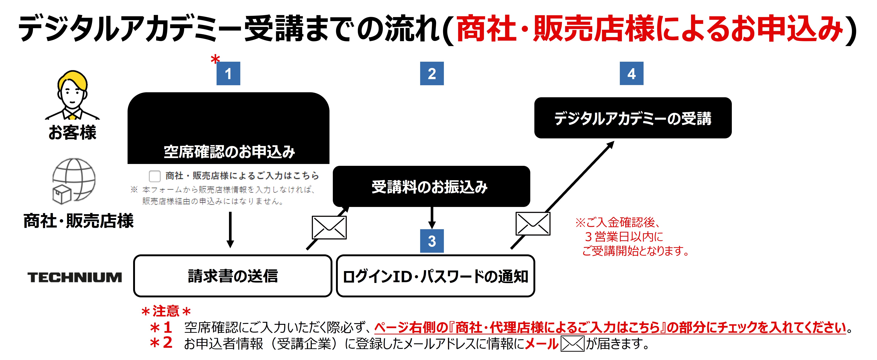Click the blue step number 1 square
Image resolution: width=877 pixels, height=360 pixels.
[x=228, y=74]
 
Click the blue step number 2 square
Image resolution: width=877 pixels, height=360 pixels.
[x=432, y=74]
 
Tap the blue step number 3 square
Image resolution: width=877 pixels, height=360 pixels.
[x=432, y=241]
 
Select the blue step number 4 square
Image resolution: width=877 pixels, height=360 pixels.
[x=632, y=74]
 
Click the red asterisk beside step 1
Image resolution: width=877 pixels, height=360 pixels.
[x=215, y=59]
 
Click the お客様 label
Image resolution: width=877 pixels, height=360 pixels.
[x=72, y=132]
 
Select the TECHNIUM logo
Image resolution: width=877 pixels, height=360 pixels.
[x=75, y=277]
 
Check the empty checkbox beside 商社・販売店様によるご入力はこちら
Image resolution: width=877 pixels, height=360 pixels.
[x=155, y=176]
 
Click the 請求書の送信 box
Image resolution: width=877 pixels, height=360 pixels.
[x=233, y=276]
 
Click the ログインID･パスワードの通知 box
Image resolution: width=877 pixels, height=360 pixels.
[x=435, y=276]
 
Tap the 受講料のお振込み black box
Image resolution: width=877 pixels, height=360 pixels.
[x=431, y=186]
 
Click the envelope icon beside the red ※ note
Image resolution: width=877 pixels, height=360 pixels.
[x=533, y=224]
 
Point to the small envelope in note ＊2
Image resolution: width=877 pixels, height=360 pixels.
[x=572, y=344]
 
